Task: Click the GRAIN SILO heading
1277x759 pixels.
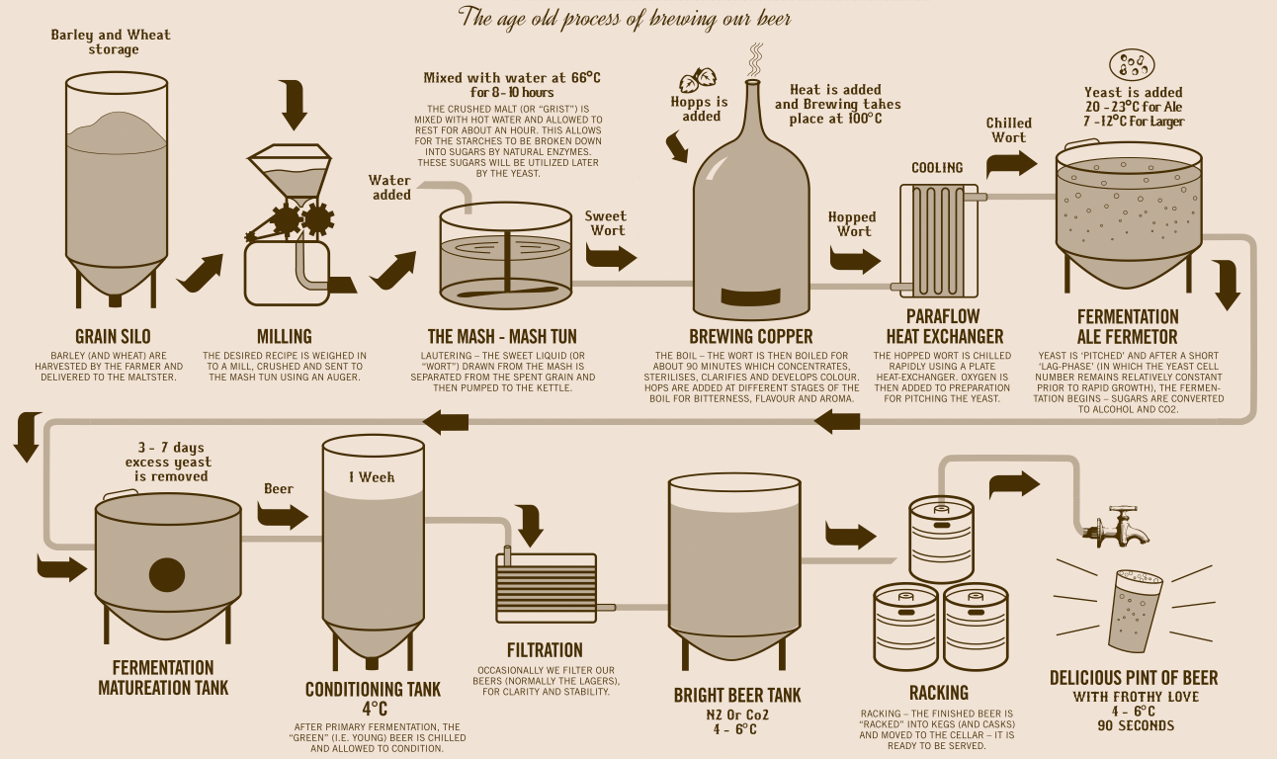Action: [113, 336]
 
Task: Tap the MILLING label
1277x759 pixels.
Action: [285, 336]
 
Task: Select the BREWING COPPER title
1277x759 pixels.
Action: [751, 336]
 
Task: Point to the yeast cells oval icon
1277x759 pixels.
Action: [1132, 65]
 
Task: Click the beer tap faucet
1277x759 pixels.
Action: [1116, 526]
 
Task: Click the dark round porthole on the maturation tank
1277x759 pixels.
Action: [167, 574]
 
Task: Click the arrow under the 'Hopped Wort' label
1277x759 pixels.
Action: [855, 260]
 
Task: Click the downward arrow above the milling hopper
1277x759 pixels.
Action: [295, 106]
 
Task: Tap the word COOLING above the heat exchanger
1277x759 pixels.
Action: [937, 168]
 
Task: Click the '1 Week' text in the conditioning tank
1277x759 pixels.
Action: [372, 477]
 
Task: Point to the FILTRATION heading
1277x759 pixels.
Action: [545, 650]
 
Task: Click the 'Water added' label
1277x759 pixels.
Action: [390, 188]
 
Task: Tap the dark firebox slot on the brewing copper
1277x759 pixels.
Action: [751, 296]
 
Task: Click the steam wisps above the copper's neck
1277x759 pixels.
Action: [755, 60]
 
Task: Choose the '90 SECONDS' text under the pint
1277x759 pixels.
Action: [1136, 726]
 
